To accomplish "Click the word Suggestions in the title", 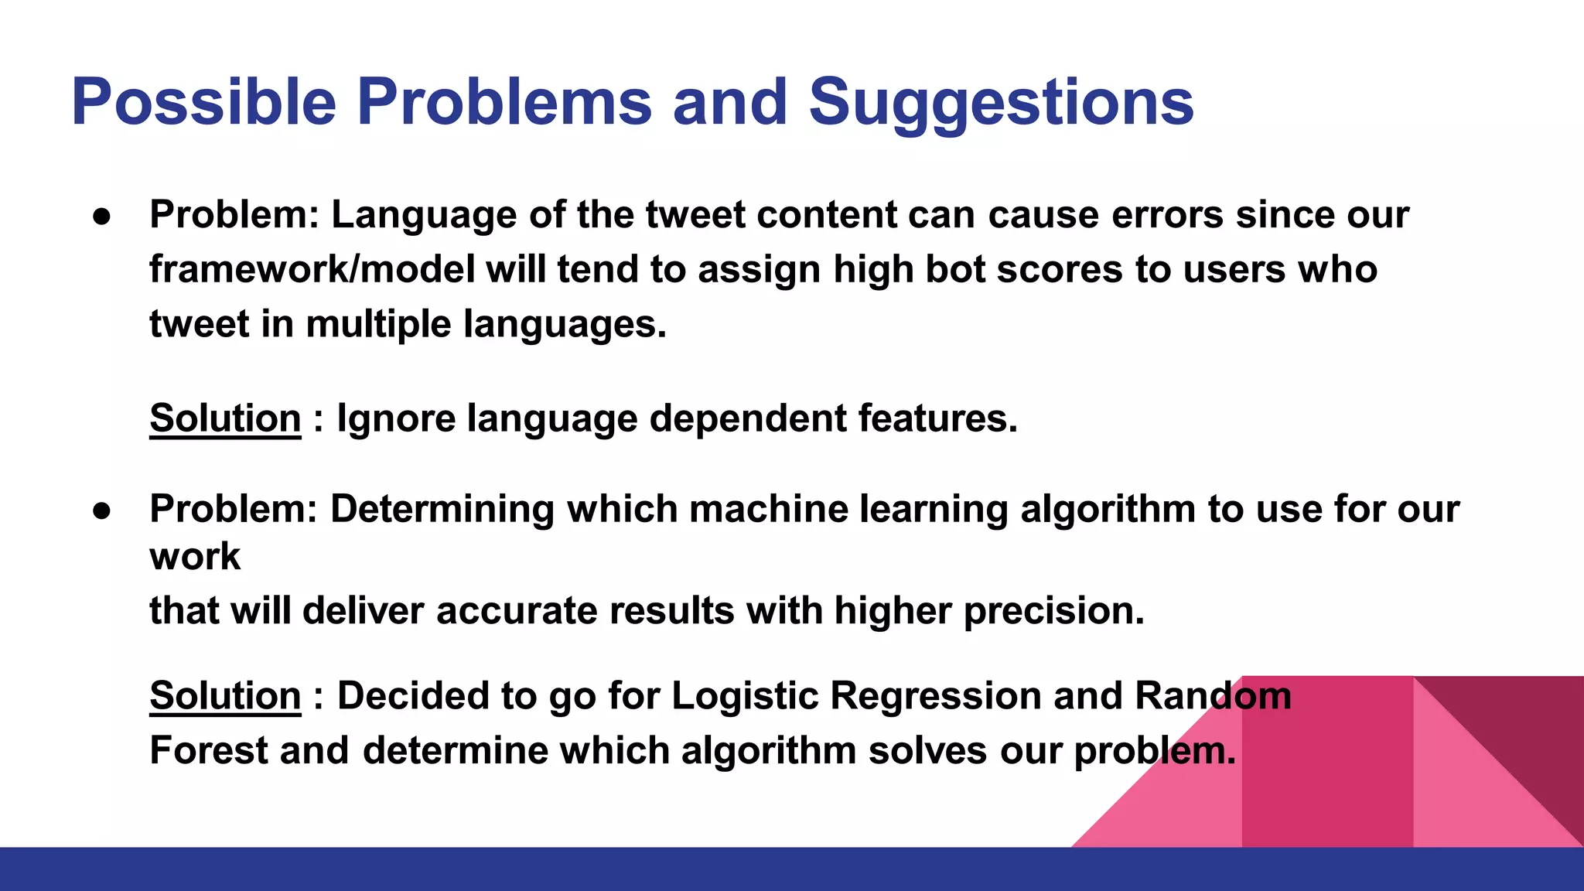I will tap(1001, 103).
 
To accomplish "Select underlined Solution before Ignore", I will tap(225, 418).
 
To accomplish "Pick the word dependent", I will tap(748, 418).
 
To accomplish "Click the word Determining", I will tap(442, 509).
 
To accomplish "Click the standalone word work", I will tap(195, 556).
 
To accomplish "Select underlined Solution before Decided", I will tap(225, 695).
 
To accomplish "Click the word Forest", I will tap(209, 750).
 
